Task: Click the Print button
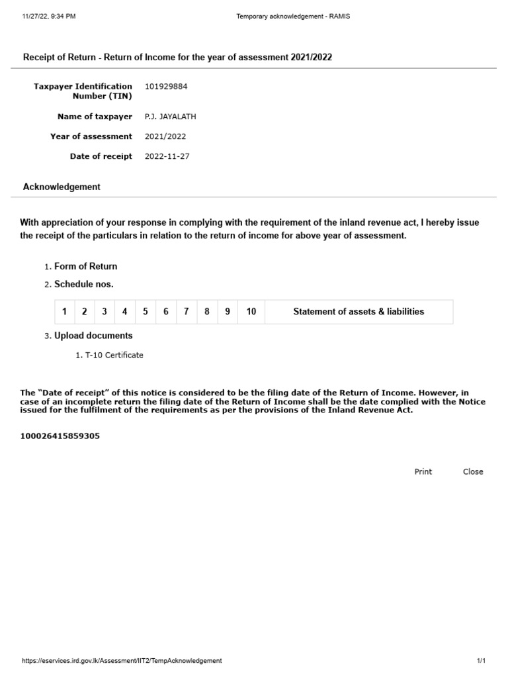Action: (x=423, y=471)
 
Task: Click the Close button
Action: (x=473, y=471)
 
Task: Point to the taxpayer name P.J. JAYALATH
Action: (x=170, y=117)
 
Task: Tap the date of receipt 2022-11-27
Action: (x=167, y=156)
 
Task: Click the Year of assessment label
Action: (x=91, y=136)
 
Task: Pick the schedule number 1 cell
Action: (x=64, y=311)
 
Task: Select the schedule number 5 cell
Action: (x=146, y=311)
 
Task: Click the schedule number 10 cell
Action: (x=251, y=311)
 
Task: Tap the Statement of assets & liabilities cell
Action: (x=359, y=311)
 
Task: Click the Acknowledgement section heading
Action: (x=62, y=187)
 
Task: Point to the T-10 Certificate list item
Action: (x=114, y=355)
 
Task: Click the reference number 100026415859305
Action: (x=60, y=436)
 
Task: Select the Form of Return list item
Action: (x=85, y=266)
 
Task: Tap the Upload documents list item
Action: (x=93, y=335)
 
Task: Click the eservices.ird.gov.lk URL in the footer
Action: (x=122, y=661)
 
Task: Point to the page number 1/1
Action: (x=481, y=661)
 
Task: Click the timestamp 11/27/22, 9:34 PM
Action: (x=48, y=16)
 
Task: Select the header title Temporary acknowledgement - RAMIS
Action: (x=293, y=16)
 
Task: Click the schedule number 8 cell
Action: (x=207, y=311)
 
